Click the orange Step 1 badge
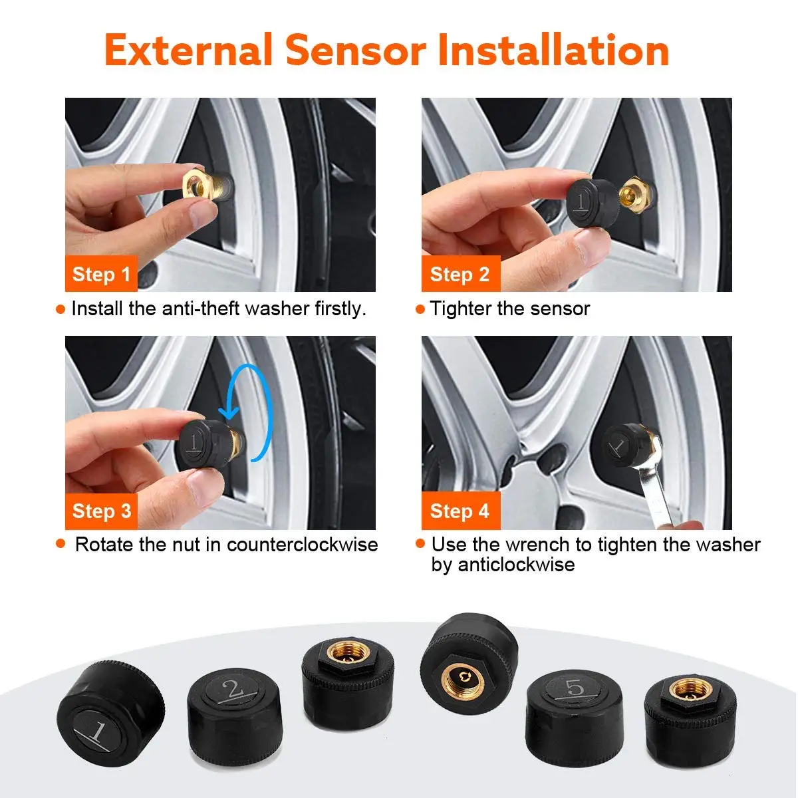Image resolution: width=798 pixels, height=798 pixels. click(101, 274)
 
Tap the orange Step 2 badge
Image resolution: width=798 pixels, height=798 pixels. click(460, 274)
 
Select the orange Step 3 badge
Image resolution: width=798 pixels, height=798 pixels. click(101, 511)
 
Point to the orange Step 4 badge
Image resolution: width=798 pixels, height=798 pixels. click(460, 511)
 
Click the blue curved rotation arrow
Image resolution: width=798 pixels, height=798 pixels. click(256, 412)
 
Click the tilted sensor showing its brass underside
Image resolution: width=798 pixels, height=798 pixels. click(469, 665)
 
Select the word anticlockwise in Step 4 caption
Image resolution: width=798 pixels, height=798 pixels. click(503, 565)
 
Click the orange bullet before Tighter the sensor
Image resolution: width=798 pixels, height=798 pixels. click(420, 309)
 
